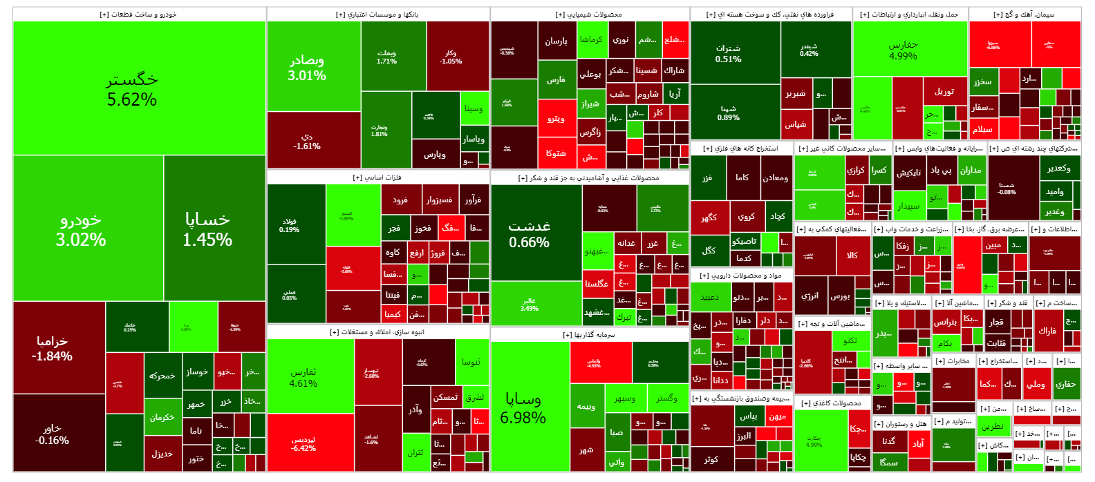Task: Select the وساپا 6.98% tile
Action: coord(530,407)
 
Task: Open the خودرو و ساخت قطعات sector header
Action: coord(138,15)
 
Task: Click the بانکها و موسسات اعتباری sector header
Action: coord(377,15)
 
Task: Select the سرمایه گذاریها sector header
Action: coord(589,335)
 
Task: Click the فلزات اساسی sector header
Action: coord(377,178)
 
